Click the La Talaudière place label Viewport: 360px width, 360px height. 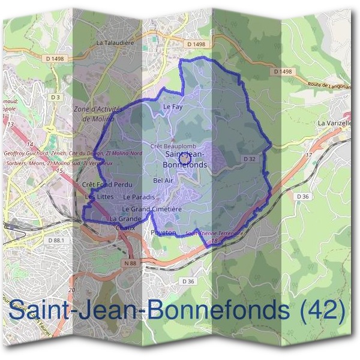[x=115, y=43]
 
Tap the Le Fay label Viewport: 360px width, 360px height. [x=172, y=107]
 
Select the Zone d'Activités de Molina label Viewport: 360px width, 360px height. [x=97, y=114]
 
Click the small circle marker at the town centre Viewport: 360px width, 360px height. [x=184, y=157]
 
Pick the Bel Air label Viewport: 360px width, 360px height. [x=163, y=180]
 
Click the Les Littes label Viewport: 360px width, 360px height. [x=99, y=197]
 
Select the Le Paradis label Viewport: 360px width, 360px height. [x=139, y=197]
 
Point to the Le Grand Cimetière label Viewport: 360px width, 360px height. [x=152, y=209]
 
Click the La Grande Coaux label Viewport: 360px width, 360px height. [x=125, y=223]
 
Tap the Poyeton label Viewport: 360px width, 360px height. [x=163, y=232]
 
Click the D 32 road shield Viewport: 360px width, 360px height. [x=250, y=158]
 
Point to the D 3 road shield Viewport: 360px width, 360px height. [x=56, y=97]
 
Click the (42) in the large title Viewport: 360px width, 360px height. [x=322, y=310]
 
